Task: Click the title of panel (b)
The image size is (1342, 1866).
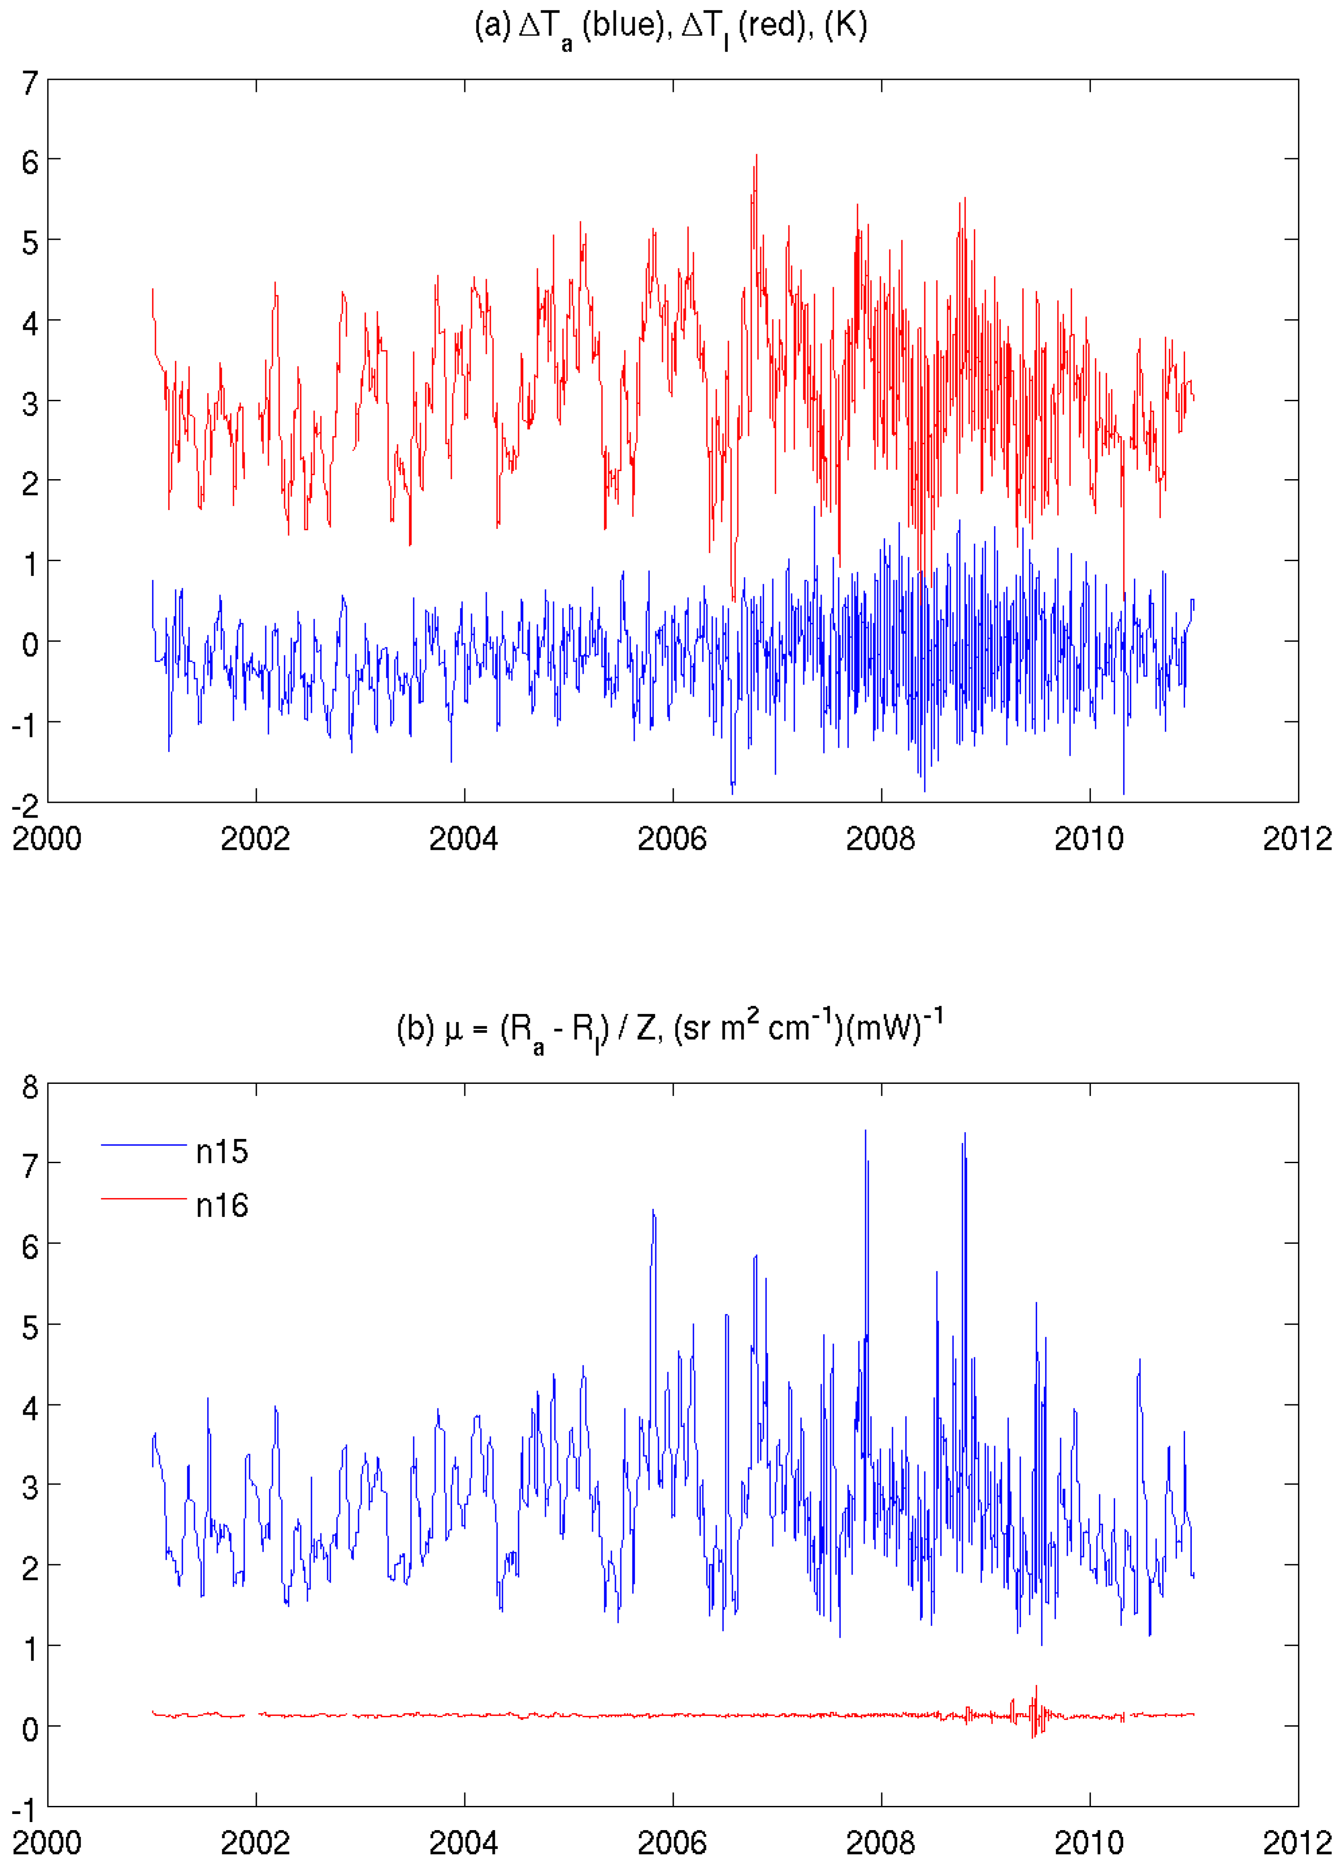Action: tap(671, 1030)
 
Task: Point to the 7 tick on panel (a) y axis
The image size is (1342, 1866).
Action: tap(30, 82)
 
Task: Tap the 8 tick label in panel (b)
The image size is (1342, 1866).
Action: tap(30, 1088)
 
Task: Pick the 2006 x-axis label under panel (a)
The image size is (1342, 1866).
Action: tap(672, 839)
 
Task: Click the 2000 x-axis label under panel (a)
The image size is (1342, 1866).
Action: tap(47, 839)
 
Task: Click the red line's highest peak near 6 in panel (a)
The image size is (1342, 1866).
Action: tap(756, 156)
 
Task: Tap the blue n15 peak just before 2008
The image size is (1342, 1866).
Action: tap(865, 1132)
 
